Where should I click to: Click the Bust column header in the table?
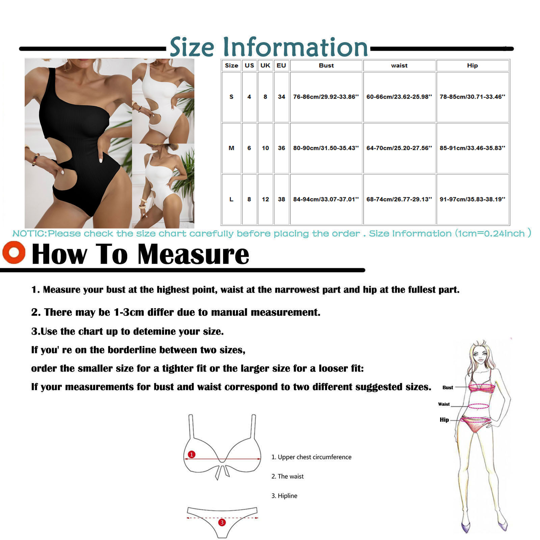pyautogui.click(x=326, y=65)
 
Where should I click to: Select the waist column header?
pyautogui.click(x=399, y=65)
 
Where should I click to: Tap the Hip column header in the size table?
pyautogui.click(x=473, y=65)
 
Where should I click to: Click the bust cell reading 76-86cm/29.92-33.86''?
pyautogui.click(x=326, y=97)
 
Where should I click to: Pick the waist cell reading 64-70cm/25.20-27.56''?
pyautogui.click(x=399, y=148)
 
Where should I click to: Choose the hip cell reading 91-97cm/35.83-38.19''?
pyautogui.click(x=473, y=199)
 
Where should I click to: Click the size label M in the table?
pyautogui.click(x=232, y=148)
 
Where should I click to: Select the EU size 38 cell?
pyautogui.click(x=281, y=199)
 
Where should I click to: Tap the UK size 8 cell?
pyautogui.click(x=265, y=97)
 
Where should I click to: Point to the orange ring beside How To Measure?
pyautogui.click(x=14, y=252)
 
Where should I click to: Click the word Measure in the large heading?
pyautogui.click(x=193, y=254)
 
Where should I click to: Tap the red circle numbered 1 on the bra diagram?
pyautogui.click(x=192, y=455)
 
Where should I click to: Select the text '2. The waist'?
pyautogui.click(x=288, y=476)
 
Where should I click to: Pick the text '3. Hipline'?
pyautogui.click(x=285, y=496)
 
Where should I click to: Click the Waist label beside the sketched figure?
pyautogui.click(x=444, y=404)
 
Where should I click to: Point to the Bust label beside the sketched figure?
pyautogui.click(x=448, y=387)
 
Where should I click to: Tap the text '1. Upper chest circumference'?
pyautogui.click(x=312, y=457)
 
